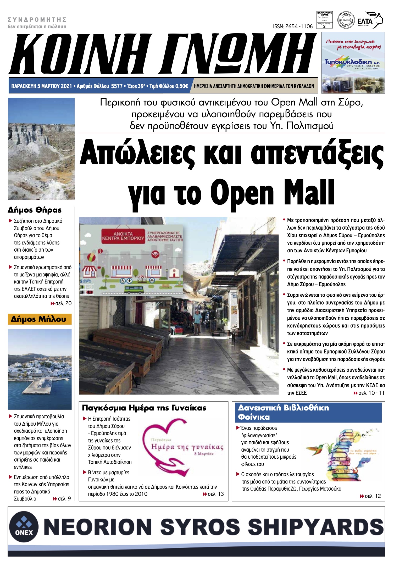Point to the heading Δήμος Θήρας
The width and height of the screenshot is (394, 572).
35,210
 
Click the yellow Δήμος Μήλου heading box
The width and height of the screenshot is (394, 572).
40,319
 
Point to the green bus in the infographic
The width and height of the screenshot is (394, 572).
134,289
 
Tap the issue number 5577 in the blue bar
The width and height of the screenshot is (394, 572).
116,86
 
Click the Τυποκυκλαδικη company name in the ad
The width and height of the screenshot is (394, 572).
348,62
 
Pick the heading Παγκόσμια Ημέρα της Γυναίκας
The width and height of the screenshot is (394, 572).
144,408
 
